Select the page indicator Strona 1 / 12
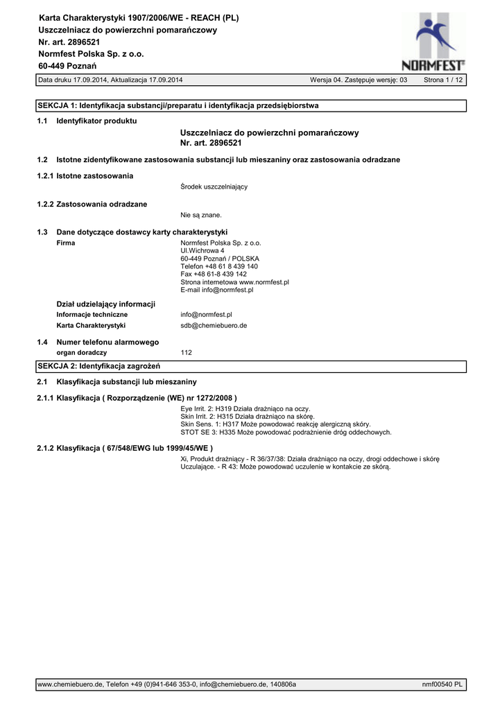[x=444, y=80]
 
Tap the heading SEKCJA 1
[x=178, y=105]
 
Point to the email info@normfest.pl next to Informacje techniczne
[x=206, y=314]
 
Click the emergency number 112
[x=186, y=352]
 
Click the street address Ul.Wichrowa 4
[x=202, y=250]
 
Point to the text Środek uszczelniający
[x=214, y=187]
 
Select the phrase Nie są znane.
[x=201, y=215]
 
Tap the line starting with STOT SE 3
[x=286, y=432]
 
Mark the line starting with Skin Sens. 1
[x=275, y=424]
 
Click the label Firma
[x=65, y=243]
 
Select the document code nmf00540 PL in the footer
[x=442, y=684]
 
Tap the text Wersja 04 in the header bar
[x=326, y=80]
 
